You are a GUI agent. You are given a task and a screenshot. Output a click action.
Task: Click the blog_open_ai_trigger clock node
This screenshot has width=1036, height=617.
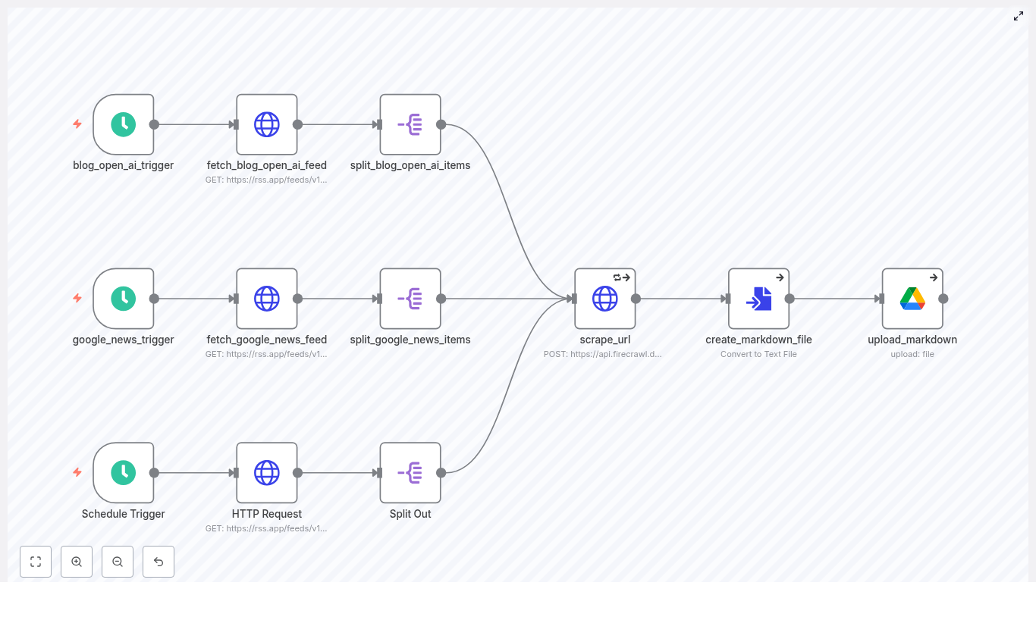[x=124, y=124]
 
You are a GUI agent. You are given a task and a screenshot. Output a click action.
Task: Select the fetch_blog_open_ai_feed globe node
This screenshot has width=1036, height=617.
[x=266, y=124]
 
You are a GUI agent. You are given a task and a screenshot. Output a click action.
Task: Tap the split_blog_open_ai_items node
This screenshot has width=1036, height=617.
[x=410, y=124]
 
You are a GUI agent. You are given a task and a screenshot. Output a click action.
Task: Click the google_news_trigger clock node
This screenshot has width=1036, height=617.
[x=124, y=299]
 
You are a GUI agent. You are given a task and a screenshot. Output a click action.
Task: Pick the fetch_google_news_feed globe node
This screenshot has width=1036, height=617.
[x=266, y=299]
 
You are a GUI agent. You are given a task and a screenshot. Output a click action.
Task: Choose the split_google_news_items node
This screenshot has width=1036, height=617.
[x=410, y=299]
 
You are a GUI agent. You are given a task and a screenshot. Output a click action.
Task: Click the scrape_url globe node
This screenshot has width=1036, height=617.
[x=604, y=299]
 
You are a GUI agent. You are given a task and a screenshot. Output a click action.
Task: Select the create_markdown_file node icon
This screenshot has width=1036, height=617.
[x=758, y=299]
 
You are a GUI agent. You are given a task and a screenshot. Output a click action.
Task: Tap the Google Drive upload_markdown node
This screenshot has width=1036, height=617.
[x=912, y=299]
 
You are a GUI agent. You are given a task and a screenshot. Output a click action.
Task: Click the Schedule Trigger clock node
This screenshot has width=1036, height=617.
[x=124, y=473]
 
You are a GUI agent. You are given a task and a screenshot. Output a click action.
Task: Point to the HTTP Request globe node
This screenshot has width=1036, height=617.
[x=266, y=473]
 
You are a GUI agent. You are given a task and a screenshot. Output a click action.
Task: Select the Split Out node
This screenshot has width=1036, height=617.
[x=410, y=473]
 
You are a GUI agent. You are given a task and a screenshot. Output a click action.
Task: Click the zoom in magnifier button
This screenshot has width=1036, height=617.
[x=77, y=562]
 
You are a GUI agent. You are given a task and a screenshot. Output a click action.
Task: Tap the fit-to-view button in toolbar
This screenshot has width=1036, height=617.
[x=36, y=562]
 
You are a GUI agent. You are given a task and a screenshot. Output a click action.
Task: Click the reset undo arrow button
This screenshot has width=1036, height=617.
[x=159, y=562]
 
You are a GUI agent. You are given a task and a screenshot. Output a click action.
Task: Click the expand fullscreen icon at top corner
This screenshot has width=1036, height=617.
[x=1019, y=16]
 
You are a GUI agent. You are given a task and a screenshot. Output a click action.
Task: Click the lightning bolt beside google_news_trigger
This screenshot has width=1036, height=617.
[x=77, y=299]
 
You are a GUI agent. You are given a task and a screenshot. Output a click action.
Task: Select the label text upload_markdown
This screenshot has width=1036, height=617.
[x=912, y=340]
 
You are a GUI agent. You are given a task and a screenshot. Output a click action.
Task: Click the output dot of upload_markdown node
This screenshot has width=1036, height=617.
[x=943, y=299]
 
